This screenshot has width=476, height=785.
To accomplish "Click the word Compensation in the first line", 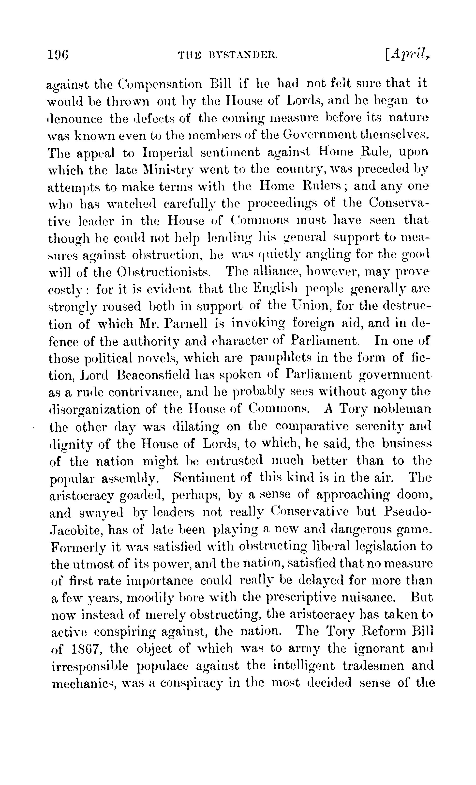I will click(x=160, y=84).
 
